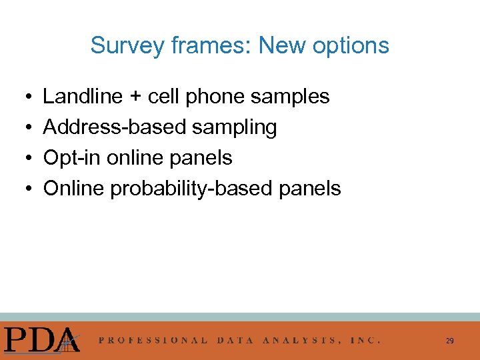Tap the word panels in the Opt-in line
202,158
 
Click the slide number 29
450,341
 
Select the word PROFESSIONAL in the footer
153,340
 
